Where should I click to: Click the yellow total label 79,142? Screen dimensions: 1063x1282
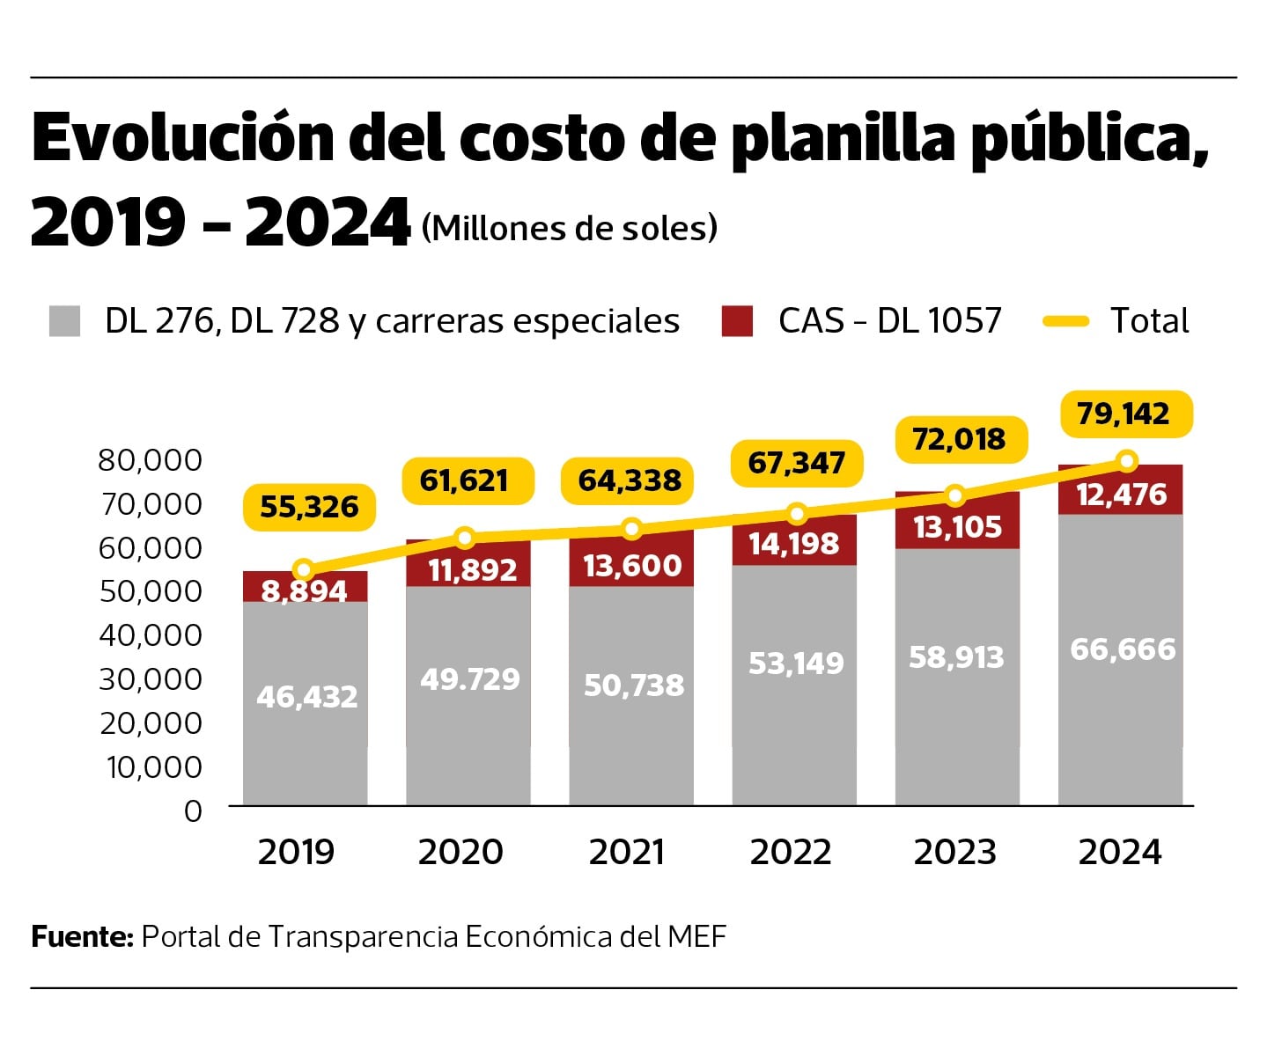tap(1124, 414)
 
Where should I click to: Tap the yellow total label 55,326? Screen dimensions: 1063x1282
tap(309, 507)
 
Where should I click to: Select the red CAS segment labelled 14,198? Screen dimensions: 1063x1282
tap(794, 542)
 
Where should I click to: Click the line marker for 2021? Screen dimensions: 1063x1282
tap(631, 529)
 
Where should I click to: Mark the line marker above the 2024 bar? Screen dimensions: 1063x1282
tap(1126, 460)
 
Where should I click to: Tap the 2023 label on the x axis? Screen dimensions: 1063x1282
tap(954, 852)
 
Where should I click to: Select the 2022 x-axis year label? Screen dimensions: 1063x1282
tap(791, 852)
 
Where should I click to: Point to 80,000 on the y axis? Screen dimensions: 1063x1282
tap(150, 459)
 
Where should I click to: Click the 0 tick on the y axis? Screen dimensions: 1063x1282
tap(193, 810)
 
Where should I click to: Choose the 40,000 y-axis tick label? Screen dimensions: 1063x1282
tap(150, 634)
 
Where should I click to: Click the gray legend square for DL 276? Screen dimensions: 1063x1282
tap(65, 321)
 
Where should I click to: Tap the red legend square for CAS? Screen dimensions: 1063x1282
tap(737, 321)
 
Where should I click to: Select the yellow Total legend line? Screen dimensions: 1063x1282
tap(1066, 321)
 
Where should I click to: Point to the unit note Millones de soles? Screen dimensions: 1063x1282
tap(570, 228)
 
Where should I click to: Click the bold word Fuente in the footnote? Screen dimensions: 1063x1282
tap(82, 936)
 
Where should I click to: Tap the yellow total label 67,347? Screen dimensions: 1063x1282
tap(797, 463)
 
